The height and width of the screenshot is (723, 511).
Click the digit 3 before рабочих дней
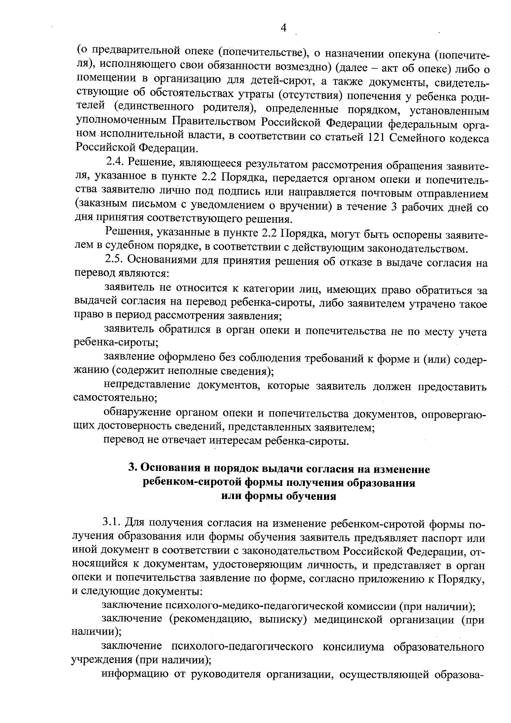coord(394,207)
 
